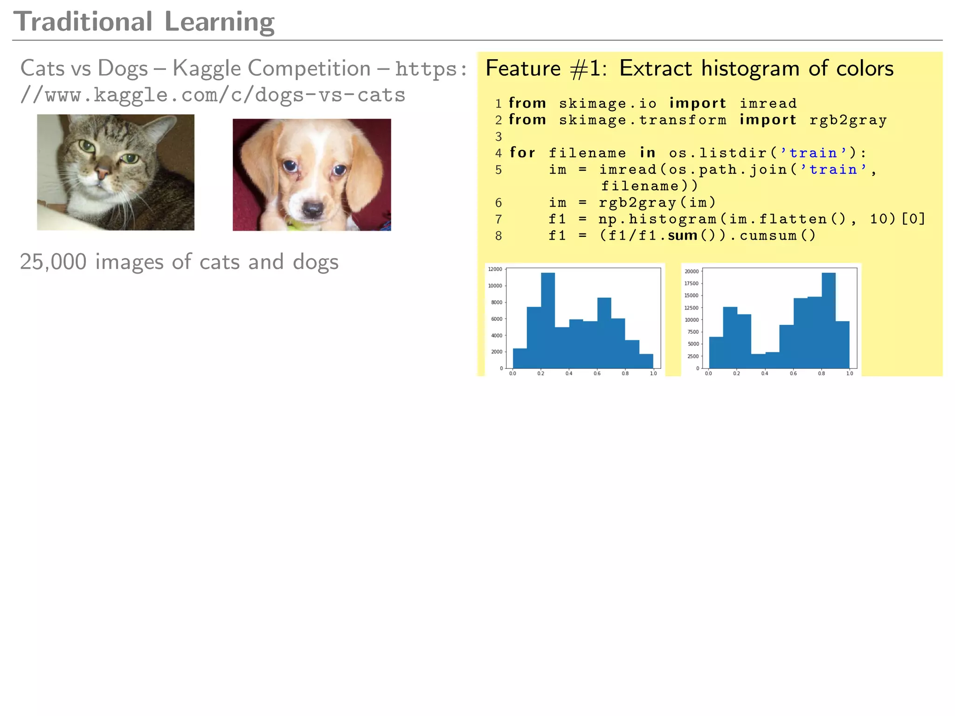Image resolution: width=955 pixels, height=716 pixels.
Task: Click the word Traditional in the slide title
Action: [83, 22]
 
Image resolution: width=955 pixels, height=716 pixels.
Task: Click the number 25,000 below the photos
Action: [53, 262]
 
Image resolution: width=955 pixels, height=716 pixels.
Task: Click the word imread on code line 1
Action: [768, 103]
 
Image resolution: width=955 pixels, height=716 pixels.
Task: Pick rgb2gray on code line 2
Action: [848, 120]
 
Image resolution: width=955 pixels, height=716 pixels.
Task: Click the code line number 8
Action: [498, 236]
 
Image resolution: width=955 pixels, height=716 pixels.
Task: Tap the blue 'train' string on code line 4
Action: [813, 153]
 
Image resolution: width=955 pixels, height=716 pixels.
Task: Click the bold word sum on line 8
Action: [682, 236]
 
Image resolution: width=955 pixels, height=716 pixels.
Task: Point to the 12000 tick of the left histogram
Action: [495, 269]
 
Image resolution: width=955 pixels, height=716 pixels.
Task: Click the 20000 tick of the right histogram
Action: [691, 271]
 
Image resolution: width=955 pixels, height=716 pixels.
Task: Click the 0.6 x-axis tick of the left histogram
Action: [597, 373]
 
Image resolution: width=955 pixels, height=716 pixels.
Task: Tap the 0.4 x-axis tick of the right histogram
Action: [765, 373]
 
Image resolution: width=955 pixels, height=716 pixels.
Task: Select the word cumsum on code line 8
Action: [768, 236]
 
